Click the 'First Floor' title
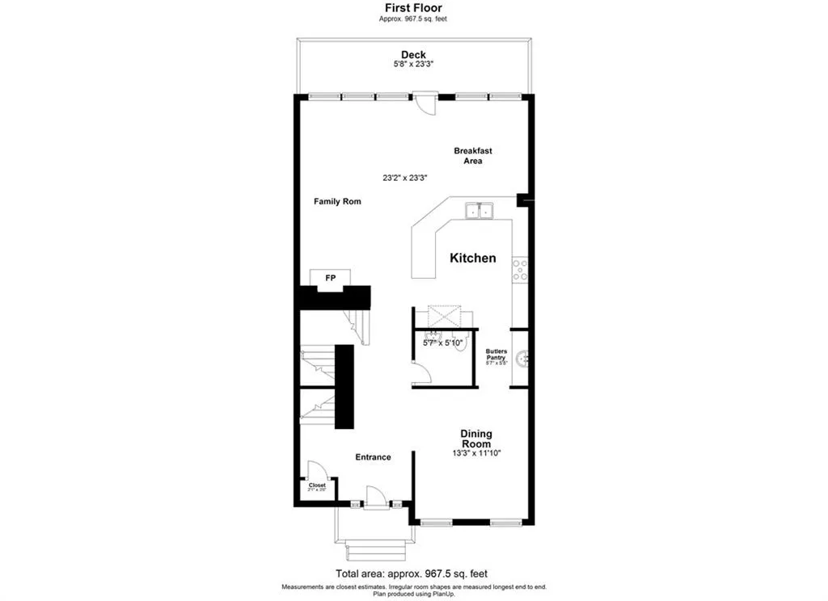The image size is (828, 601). pyautogui.click(x=413, y=8)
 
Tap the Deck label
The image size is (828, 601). pyautogui.click(x=413, y=55)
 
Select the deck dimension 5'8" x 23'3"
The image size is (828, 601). pyautogui.click(x=413, y=65)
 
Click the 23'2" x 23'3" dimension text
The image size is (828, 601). pyautogui.click(x=404, y=178)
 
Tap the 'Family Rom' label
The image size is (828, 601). pyautogui.click(x=337, y=201)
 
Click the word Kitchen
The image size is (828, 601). pyautogui.click(x=473, y=258)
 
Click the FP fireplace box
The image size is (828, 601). pyautogui.click(x=330, y=278)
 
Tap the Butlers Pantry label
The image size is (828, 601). pyautogui.click(x=496, y=355)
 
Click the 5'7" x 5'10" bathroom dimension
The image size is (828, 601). pyautogui.click(x=442, y=343)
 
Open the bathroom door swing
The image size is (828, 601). pyautogui.click(x=420, y=373)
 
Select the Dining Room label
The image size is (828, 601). pyautogui.click(x=477, y=439)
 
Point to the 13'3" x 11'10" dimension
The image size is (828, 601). pyautogui.click(x=477, y=453)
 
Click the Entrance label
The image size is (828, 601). pyautogui.click(x=373, y=457)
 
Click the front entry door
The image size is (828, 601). pyautogui.click(x=375, y=498)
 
